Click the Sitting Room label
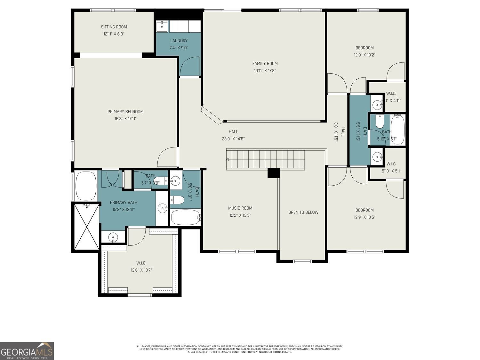click(x=114, y=27)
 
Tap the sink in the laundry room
click(x=162, y=26)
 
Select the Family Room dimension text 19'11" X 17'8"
click(x=265, y=71)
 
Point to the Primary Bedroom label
click(x=125, y=112)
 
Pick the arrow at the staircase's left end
click(x=228, y=159)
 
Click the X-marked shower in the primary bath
click(x=86, y=227)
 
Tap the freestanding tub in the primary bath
click(x=86, y=186)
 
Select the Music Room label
click(x=240, y=208)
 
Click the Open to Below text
click(x=303, y=212)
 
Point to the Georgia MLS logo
click(x=27, y=351)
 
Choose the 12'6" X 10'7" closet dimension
click(x=141, y=270)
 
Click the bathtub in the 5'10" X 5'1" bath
click(x=397, y=130)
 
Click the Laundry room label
click(x=179, y=41)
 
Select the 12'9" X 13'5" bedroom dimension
click(x=364, y=217)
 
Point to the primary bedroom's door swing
click(x=167, y=157)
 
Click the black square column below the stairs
click(x=273, y=173)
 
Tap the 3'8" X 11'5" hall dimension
click(x=336, y=132)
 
